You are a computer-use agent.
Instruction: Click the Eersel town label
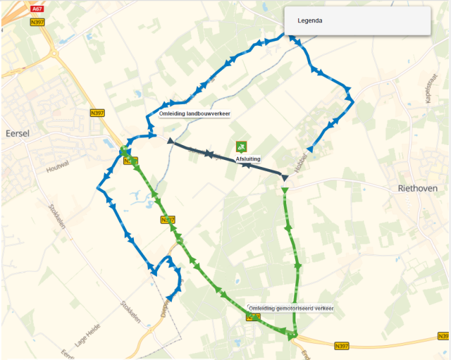pyautogui.click(x=15, y=133)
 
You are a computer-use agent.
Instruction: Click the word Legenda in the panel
pyautogui.click(x=310, y=20)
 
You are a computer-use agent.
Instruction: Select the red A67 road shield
pyautogui.click(x=37, y=9)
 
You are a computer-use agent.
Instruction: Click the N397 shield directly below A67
pyautogui.click(x=37, y=22)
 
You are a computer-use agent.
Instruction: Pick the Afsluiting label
pyautogui.click(x=248, y=159)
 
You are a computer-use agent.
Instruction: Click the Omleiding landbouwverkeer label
pyautogui.click(x=195, y=113)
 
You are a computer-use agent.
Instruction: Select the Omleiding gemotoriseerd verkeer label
pyautogui.click(x=291, y=308)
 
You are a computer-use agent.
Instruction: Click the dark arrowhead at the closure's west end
pyautogui.click(x=171, y=142)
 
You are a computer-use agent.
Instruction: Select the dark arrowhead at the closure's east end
pyautogui.click(x=285, y=178)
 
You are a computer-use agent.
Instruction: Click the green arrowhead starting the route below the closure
pyautogui.click(x=285, y=190)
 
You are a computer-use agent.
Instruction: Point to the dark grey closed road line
pyautogui.click(x=225, y=159)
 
